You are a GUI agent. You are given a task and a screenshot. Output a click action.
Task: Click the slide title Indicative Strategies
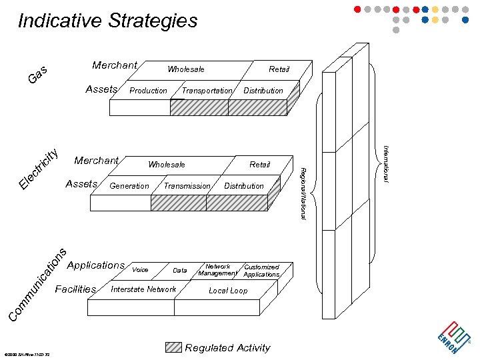point(107,21)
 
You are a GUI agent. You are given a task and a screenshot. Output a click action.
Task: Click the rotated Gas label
point(37,75)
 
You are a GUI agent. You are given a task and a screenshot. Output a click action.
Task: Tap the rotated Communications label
point(37,283)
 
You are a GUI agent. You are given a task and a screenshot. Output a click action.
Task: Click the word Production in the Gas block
point(148,91)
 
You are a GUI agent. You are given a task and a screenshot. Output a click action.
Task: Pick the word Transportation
point(207,91)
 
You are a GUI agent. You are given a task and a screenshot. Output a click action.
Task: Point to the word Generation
point(129,186)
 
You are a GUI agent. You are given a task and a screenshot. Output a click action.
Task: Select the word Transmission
point(187,186)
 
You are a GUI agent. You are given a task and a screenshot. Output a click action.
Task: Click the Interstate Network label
point(143,289)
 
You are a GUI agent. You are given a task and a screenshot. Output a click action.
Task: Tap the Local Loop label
point(228,291)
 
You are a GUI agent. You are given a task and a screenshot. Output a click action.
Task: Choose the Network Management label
point(217,270)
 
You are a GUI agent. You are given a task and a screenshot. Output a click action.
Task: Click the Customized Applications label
point(261,271)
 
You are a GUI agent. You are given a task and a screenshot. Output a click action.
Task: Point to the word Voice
point(140,270)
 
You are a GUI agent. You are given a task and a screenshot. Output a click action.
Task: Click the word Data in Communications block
point(180,271)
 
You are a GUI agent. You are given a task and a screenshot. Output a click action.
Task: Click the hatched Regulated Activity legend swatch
point(173,347)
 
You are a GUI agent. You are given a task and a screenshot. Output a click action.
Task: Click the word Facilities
point(75,289)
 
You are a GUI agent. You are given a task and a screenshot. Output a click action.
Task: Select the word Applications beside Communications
point(96,265)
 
